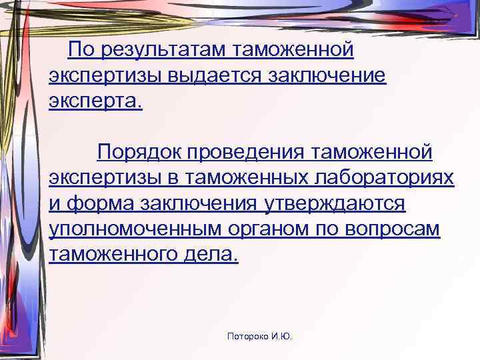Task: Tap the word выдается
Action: (x=205, y=75)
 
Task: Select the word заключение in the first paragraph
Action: (x=327, y=75)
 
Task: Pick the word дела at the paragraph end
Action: (x=211, y=254)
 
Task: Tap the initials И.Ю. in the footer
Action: (x=282, y=337)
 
